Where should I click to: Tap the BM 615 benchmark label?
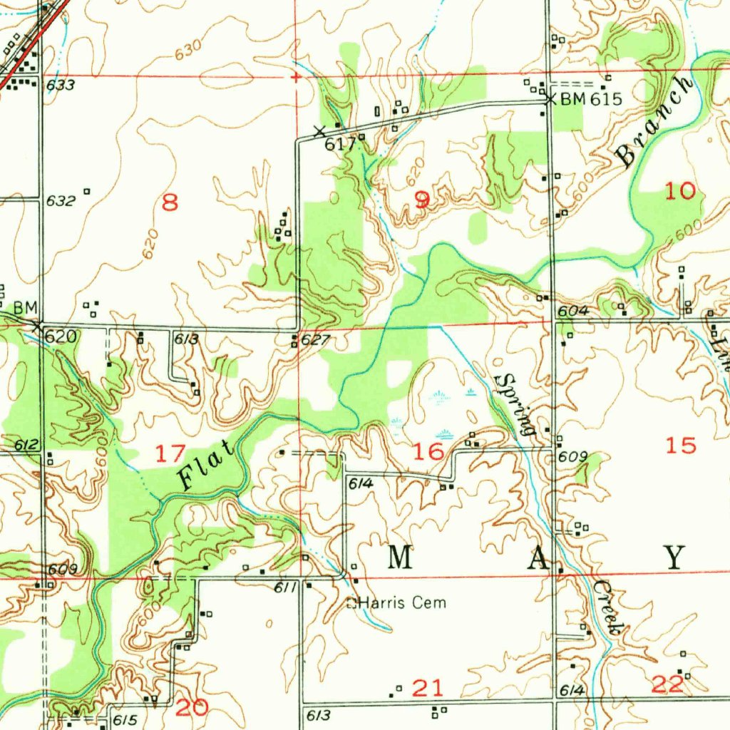coord(591,100)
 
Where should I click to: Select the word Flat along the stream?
coord(206,466)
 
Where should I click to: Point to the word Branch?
coord(654,123)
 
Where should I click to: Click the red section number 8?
coord(170,203)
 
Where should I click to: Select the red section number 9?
coord(422,200)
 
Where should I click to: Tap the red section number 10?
coord(679,190)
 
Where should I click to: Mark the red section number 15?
coord(679,446)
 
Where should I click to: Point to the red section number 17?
coord(170,452)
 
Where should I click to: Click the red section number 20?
coord(192,707)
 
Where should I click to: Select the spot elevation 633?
coord(61,86)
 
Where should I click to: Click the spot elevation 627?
coord(314,340)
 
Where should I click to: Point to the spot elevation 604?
coord(573,311)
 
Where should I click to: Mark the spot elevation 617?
coord(340,144)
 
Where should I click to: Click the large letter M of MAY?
coord(400,557)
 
